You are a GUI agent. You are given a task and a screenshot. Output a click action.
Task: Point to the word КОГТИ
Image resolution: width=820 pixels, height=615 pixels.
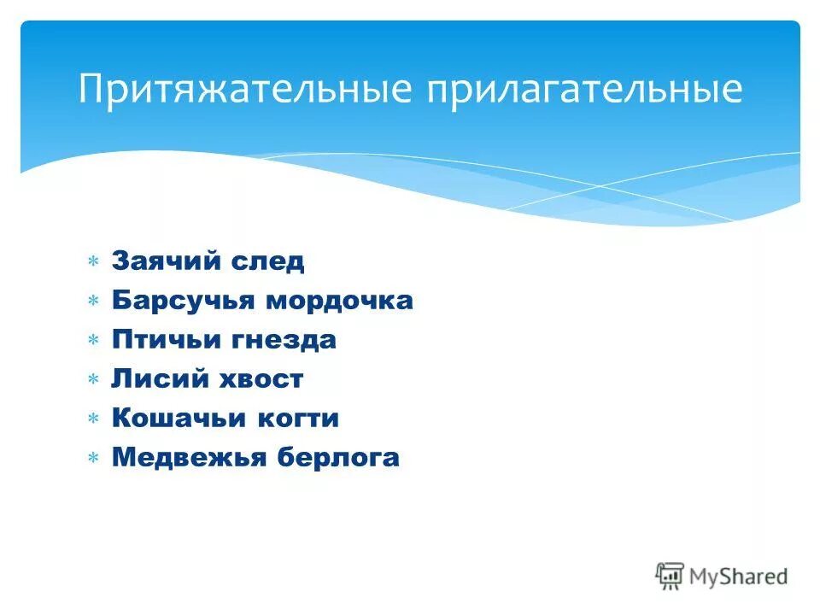point(295,419)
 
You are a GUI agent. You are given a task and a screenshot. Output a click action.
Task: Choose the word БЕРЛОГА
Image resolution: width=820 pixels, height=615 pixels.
point(337,458)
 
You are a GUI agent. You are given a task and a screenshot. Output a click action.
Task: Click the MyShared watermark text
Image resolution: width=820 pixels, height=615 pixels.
point(738,577)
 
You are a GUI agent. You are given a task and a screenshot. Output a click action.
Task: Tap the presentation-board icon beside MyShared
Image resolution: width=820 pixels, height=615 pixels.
point(670,576)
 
